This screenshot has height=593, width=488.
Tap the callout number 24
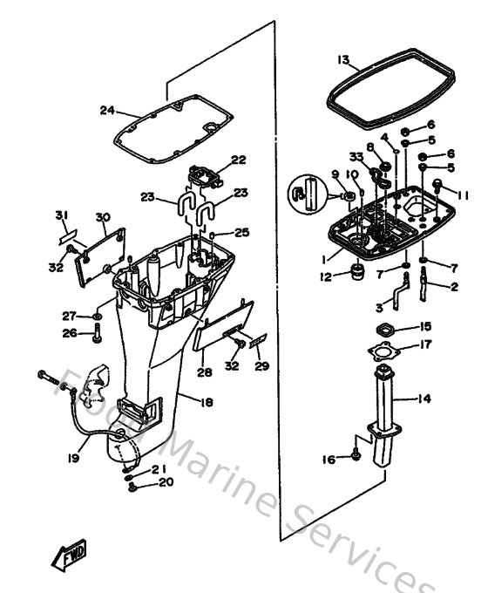pos(107,110)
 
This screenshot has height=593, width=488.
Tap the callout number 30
pos(102,217)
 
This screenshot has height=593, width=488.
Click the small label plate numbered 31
pos(68,235)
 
